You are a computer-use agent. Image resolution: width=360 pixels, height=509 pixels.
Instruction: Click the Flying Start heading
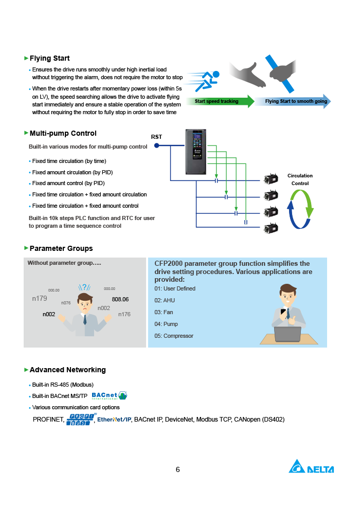(x=49, y=58)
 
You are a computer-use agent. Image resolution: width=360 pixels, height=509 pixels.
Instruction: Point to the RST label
(x=156, y=137)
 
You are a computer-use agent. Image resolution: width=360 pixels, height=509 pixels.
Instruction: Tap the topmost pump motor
(x=271, y=179)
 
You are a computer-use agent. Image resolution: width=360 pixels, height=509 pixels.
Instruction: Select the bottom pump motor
(x=271, y=228)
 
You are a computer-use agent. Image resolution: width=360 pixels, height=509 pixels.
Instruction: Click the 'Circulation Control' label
(x=300, y=179)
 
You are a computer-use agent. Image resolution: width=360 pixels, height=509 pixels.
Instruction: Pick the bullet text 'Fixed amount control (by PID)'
(x=68, y=183)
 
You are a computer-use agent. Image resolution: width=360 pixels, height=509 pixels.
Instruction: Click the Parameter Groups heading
(x=61, y=248)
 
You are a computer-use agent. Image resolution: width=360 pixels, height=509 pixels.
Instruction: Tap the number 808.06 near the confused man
(x=120, y=299)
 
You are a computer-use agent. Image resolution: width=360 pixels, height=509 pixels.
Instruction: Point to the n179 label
(x=40, y=298)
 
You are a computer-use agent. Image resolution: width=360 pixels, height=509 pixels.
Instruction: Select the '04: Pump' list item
(x=166, y=324)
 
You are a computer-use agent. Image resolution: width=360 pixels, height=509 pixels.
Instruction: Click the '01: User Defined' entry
(x=175, y=288)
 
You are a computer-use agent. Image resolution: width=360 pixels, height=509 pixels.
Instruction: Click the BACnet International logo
(x=109, y=395)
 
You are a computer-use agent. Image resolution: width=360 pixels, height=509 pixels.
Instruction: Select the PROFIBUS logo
(x=80, y=420)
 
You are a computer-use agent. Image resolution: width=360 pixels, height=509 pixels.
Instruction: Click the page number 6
(x=178, y=469)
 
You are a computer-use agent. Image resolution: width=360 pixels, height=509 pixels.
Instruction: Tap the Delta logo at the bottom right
(x=311, y=467)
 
